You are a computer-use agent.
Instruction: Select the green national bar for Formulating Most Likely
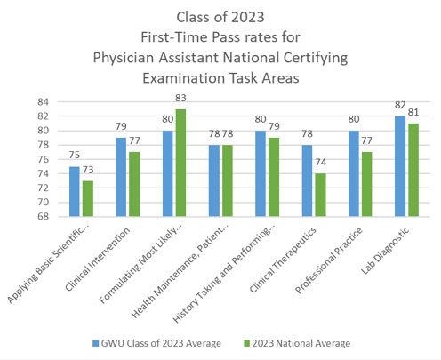point(181,163)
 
